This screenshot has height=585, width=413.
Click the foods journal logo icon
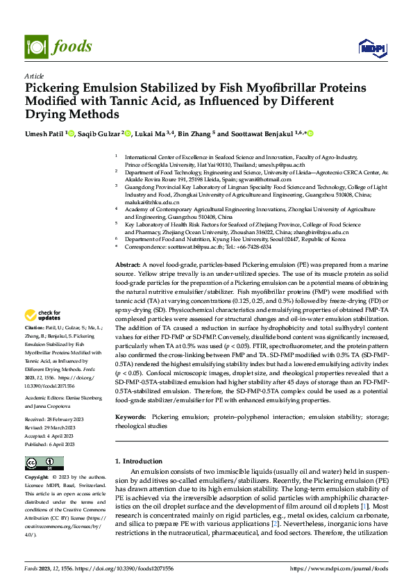click(37, 47)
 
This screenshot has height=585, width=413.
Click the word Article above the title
click(34, 76)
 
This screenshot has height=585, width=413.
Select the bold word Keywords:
click(130, 416)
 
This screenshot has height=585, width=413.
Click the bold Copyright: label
click(36, 477)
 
